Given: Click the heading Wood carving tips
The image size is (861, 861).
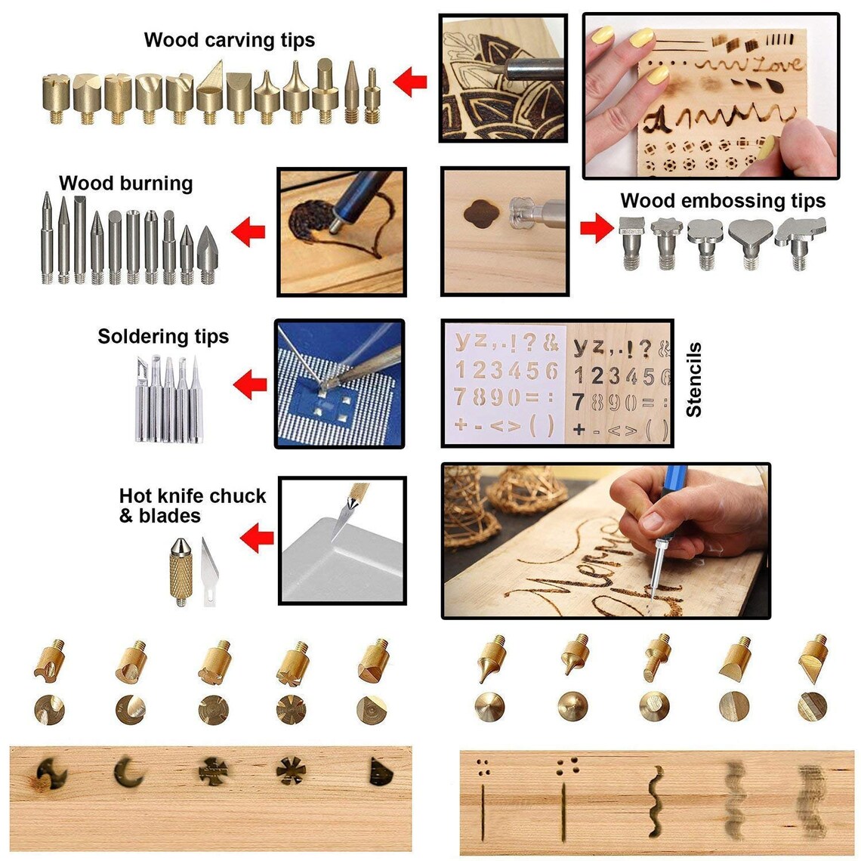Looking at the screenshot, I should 229,40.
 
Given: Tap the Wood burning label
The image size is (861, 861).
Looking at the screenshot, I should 126,184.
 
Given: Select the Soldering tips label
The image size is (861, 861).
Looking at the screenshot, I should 163,336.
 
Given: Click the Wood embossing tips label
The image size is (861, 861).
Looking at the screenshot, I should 723,201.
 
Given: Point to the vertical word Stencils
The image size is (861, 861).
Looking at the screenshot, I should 694,380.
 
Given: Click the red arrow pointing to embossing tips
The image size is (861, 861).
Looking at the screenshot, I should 597,228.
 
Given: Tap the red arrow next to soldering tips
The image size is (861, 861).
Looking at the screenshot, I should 250,386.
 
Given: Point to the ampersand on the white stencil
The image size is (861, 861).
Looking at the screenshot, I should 551,344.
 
